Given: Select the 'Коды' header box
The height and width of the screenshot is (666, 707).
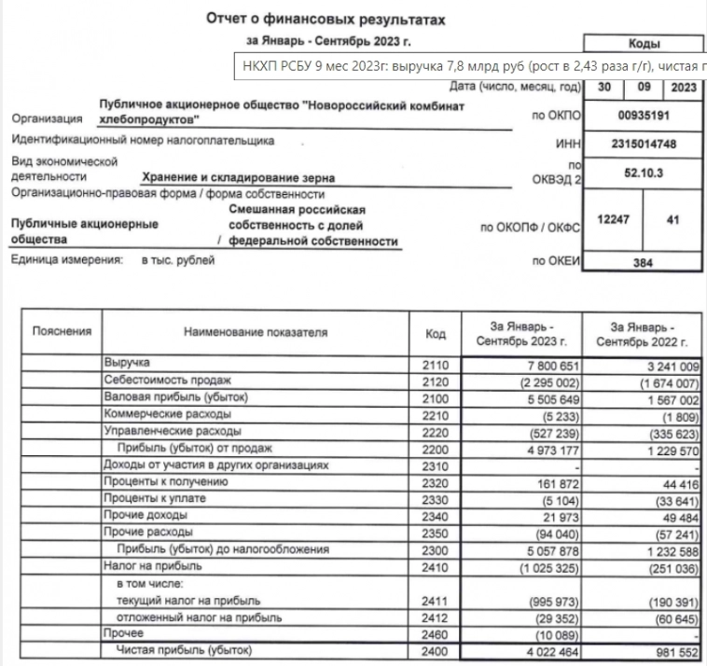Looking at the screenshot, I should point(644,44).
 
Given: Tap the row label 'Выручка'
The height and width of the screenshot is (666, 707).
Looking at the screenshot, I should point(130,363).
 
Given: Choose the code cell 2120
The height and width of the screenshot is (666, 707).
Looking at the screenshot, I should point(436,381).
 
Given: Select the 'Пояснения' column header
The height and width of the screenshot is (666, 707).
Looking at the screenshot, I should point(62,331).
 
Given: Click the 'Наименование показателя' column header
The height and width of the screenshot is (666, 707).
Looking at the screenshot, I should point(256,332).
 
